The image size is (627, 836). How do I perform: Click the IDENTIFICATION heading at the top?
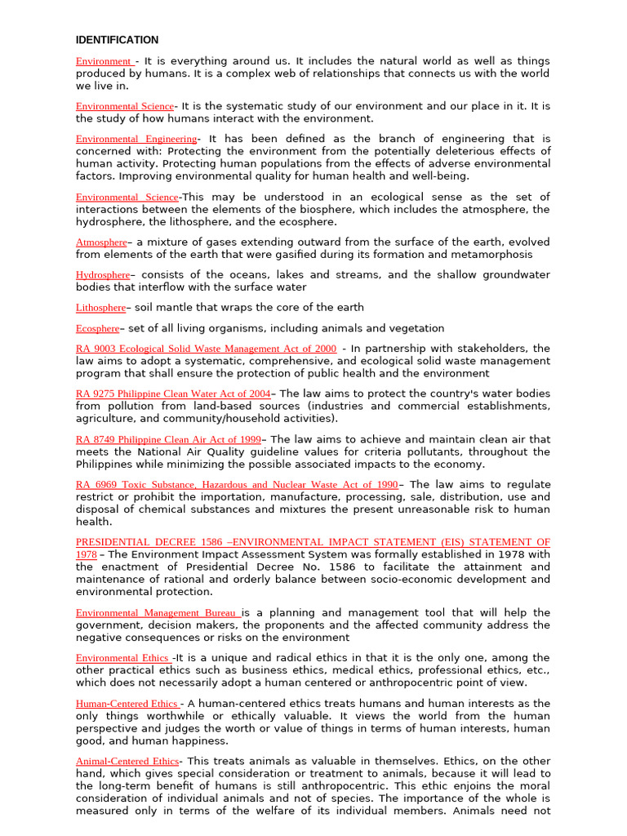point(117,40)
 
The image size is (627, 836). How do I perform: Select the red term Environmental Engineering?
point(136,139)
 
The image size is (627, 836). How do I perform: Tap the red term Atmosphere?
point(101,242)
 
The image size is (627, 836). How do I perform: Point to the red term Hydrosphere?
point(103,275)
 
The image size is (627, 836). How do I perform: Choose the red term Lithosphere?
point(100,308)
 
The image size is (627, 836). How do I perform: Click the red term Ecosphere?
point(97,329)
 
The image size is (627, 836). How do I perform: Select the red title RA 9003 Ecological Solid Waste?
point(206,349)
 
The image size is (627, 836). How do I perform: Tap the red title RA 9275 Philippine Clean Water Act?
point(173,394)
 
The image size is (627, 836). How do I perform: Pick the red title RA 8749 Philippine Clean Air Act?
point(168,439)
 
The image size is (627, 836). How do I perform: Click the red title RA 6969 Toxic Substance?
point(237,485)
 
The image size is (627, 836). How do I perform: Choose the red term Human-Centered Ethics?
point(127,704)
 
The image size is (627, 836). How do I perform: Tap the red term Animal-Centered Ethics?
point(127,761)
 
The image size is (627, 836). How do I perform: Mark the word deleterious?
point(465,151)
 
